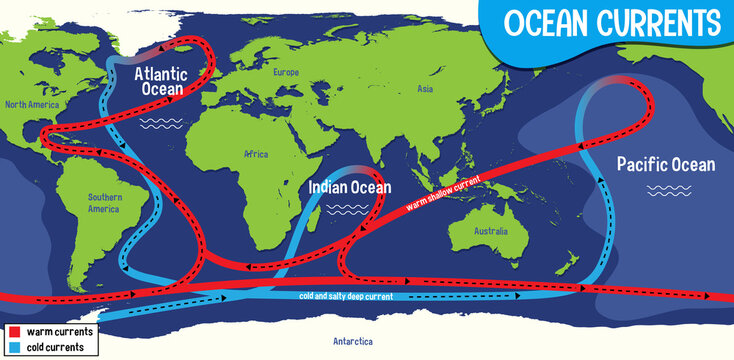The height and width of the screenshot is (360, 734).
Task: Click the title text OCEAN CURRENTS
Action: pyautogui.click(x=612, y=22)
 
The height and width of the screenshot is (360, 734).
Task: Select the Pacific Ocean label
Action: pyautogui.click(x=665, y=164)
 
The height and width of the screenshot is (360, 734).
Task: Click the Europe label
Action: pyautogui.click(x=286, y=73)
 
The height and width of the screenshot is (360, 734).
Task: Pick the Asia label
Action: pyautogui.click(x=425, y=90)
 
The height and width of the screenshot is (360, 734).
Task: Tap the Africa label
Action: pyautogui.click(x=256, y=155)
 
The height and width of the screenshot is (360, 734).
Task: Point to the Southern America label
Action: pyautogui.click(x=104, y=203)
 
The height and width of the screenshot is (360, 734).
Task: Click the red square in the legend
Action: pyautogui.click(x=14, y=331)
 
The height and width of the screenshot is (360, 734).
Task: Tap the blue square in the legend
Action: pyautogui.click(x=14, y=347)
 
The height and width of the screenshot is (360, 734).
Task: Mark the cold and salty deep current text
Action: pyautogui.click(x=346, y=296)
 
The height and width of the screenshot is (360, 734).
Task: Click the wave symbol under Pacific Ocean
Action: pyautogui.click(x=663, y=189)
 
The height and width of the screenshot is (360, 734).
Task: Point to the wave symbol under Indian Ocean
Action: pyautogui.click(x=350, y=209)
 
